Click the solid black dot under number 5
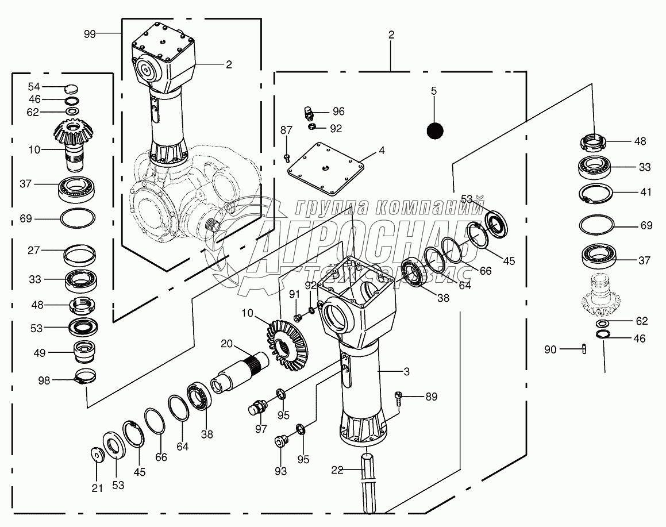[435, 131]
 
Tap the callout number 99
[90, 34]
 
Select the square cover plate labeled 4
[326, 168]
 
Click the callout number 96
[338, 111]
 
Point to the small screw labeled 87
[287, 158]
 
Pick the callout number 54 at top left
[34, 87]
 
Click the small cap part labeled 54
[72, 89]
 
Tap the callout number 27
[34, 250]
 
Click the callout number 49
[40, 353]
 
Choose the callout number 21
[97, 488]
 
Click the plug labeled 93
[280, 441]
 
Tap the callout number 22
[337, 470]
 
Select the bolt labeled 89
[398, 397]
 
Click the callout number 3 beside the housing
[406, 372]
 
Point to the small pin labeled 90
[584, 349]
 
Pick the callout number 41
[646, 192]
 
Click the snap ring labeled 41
[596, 193]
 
